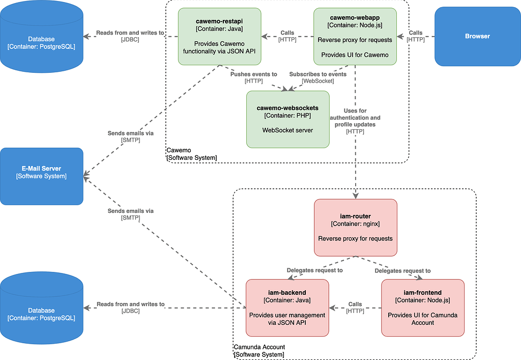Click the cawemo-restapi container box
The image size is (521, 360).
pyautogui.click(x=219, y=36)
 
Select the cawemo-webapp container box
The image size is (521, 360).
pyautogui.click(x=355, y=36)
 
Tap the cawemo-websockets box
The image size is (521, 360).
pyautogui.click(x=287, y=119)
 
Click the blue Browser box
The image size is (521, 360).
pyautogui.click(x=477, y=36)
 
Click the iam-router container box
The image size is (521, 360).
pyautogui.click(x=355, y=227)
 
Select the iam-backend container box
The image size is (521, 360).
pyautogui.click(x=287, y=308)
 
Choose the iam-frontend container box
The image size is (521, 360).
pyautogui.click(x=422, y=308)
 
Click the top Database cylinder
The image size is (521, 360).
pyautogui.click(x=41, y=41)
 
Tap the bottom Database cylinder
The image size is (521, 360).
pyautogui.click(x=41, y=312)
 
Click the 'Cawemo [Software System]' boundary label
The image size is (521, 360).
pyautogui.click(x=191, y=154)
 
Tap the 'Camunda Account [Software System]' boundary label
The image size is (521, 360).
pyautogui.click(x=259, y=350)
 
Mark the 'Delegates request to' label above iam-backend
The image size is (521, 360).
pyautogui.click(x=314, y=270)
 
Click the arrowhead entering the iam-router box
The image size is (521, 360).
pyautogui.click(x=355, y=196)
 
